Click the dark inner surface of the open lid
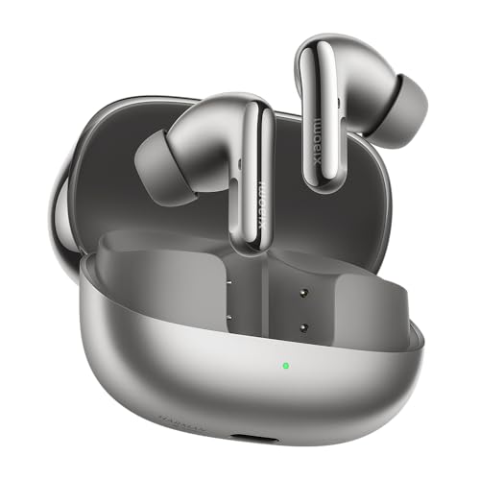106,173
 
